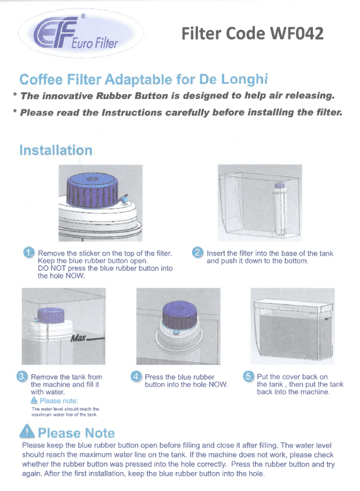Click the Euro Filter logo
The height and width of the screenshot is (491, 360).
pyautogui.click(x=81, y=33)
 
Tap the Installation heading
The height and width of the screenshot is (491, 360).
pyautogui.click(x=56, y=150)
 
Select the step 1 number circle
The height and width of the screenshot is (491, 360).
pyautogui.click(x=29, y=253)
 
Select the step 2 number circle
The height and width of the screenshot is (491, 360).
pyautogui.click(x=197, y=253)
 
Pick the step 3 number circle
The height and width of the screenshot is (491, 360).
pyautogui.click(x=21, y=376)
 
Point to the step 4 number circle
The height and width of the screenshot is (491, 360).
pyautogui.click(x=136, y=376)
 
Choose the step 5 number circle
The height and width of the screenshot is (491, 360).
pyautogui.click(x=248, y=376)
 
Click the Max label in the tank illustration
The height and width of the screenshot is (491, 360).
pyautogui.click(x=78, y=339)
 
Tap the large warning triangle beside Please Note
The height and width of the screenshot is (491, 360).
pyautogui.click(x=27, y=431)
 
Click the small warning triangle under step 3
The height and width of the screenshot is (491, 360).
pyautogui.click(x=34, y=400)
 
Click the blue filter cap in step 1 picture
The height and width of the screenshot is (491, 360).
pyautogui.click(x=92, y=191)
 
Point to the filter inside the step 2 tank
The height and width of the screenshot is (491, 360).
pyautogui.click(x=279, y=209)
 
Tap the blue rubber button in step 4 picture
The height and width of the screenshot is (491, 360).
pyautogui.click(x=176, y=331)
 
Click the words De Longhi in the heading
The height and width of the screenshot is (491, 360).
pyautogui.click(x=233, y=79)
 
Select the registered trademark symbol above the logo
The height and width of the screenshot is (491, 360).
pyautogui.click(x=83, y=16)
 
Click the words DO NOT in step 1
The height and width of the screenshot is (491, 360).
pyautogui.click(x=52, y=268)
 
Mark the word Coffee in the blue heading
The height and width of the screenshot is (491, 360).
pyautogui.click(x=41, y=79)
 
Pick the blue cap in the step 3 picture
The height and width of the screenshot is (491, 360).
pyautogui.click(x=51, y=315)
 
